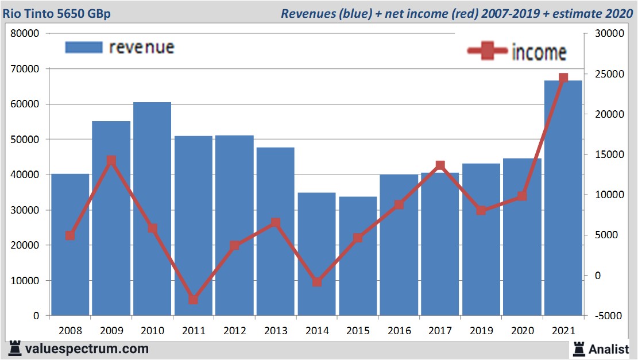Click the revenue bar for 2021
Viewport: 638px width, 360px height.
[563, 198]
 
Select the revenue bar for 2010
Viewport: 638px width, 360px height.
[152, 209]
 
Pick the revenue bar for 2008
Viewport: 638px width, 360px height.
[70, 245]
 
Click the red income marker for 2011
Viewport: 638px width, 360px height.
[193, 300]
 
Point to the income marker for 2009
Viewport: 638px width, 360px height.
[111, 161]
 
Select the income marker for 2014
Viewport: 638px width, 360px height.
[316, 282]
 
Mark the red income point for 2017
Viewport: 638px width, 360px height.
[440, 165]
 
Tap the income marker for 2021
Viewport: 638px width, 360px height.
[563, 78]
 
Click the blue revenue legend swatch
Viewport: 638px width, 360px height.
[83, 47]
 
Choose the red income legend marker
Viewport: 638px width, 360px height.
[488, 51]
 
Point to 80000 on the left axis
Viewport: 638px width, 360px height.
[25, 33]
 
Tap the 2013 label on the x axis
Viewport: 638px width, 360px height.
[276, 331]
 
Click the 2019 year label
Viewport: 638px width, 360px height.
[481, 331]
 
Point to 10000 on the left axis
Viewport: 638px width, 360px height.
[25, 281]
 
